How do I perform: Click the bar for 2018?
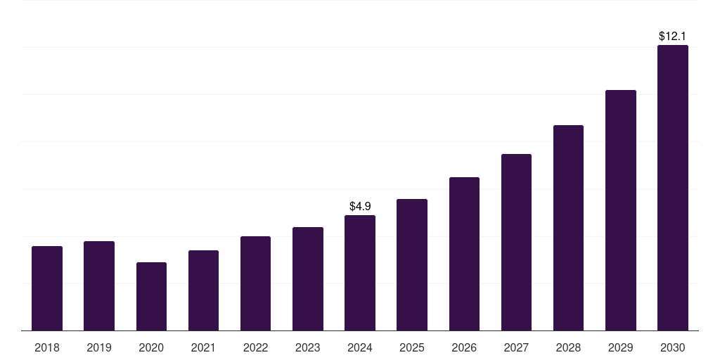pos(47,288)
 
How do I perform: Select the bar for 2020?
pos(151,296)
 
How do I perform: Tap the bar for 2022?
pos(255,283)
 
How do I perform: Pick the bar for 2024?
pos(360,273)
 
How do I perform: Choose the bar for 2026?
pos(464,254)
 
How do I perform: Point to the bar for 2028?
pos(568,228)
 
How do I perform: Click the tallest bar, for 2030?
pos(673,188)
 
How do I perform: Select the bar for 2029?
pos(621,210)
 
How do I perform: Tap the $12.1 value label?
pos(672,36)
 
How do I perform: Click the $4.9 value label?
pos(360,206)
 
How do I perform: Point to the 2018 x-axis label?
pos(47,347)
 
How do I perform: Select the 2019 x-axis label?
pos(99,347)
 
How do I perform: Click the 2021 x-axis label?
pos(203,347)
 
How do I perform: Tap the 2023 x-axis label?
pos(308,347)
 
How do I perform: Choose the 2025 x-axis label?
pos(412,347)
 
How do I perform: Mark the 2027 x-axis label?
pos(516,347)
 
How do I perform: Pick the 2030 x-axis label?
pos(673,347)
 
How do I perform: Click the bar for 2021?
pos(203,290)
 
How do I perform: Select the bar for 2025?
pos(412,264)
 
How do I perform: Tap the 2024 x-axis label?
pos(360,347)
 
